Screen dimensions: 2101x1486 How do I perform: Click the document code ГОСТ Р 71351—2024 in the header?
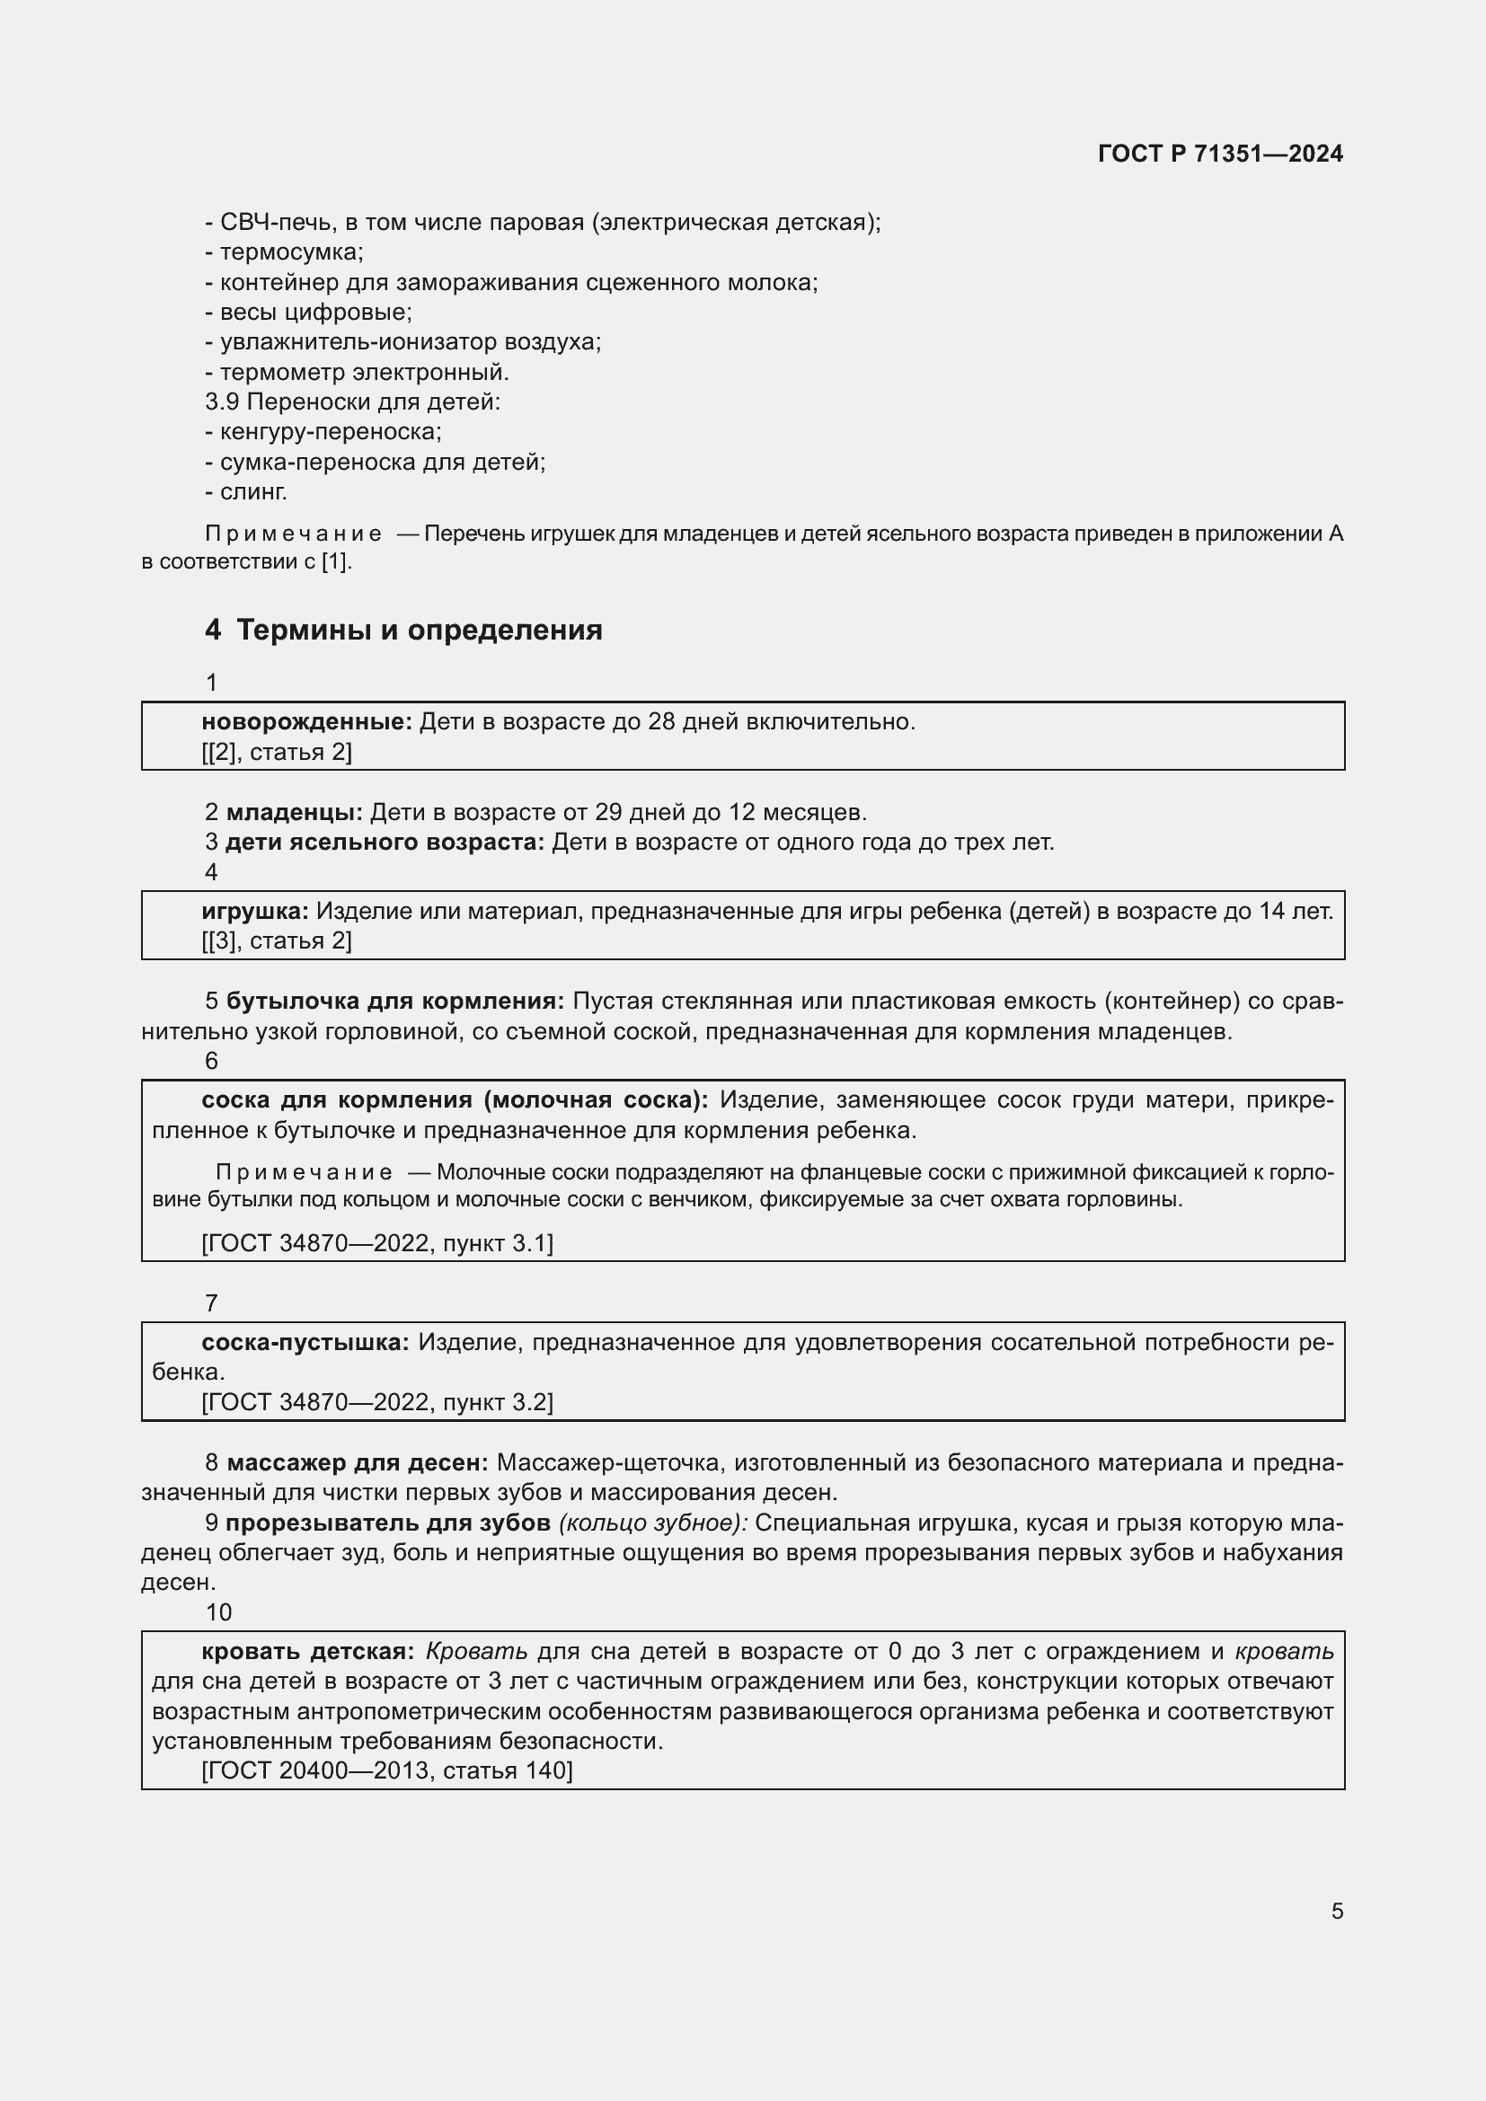(1220, 154)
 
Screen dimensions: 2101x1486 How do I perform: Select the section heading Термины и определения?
(419, 631)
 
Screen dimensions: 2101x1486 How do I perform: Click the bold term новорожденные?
(306, 722)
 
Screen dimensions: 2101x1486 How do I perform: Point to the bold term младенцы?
(294, 812)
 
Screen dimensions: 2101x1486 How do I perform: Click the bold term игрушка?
(255, 912)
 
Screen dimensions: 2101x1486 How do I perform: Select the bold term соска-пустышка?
(305, 1342)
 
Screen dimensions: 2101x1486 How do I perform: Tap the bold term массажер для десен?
(357, 1462)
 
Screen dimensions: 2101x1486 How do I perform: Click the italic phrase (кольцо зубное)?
(653, 1523)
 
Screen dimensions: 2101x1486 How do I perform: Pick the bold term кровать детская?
(307, 1652)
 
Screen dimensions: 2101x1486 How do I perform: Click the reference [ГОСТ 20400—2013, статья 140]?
(387, 1770)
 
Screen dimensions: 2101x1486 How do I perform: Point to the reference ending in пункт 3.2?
(377, 1403)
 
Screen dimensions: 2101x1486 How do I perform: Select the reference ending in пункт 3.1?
(377, 1242)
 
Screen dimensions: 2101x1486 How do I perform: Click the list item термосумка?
(290, 252)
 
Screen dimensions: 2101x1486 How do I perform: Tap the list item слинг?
(252, 492)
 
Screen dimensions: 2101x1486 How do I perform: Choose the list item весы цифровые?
(314, 312)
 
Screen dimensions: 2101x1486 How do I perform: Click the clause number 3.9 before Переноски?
(221, 402)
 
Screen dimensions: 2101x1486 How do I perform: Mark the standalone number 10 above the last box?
(218, 1612)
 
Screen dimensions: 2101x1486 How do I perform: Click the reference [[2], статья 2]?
(277, 752)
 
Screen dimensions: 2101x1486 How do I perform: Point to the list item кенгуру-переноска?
(330, 432)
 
